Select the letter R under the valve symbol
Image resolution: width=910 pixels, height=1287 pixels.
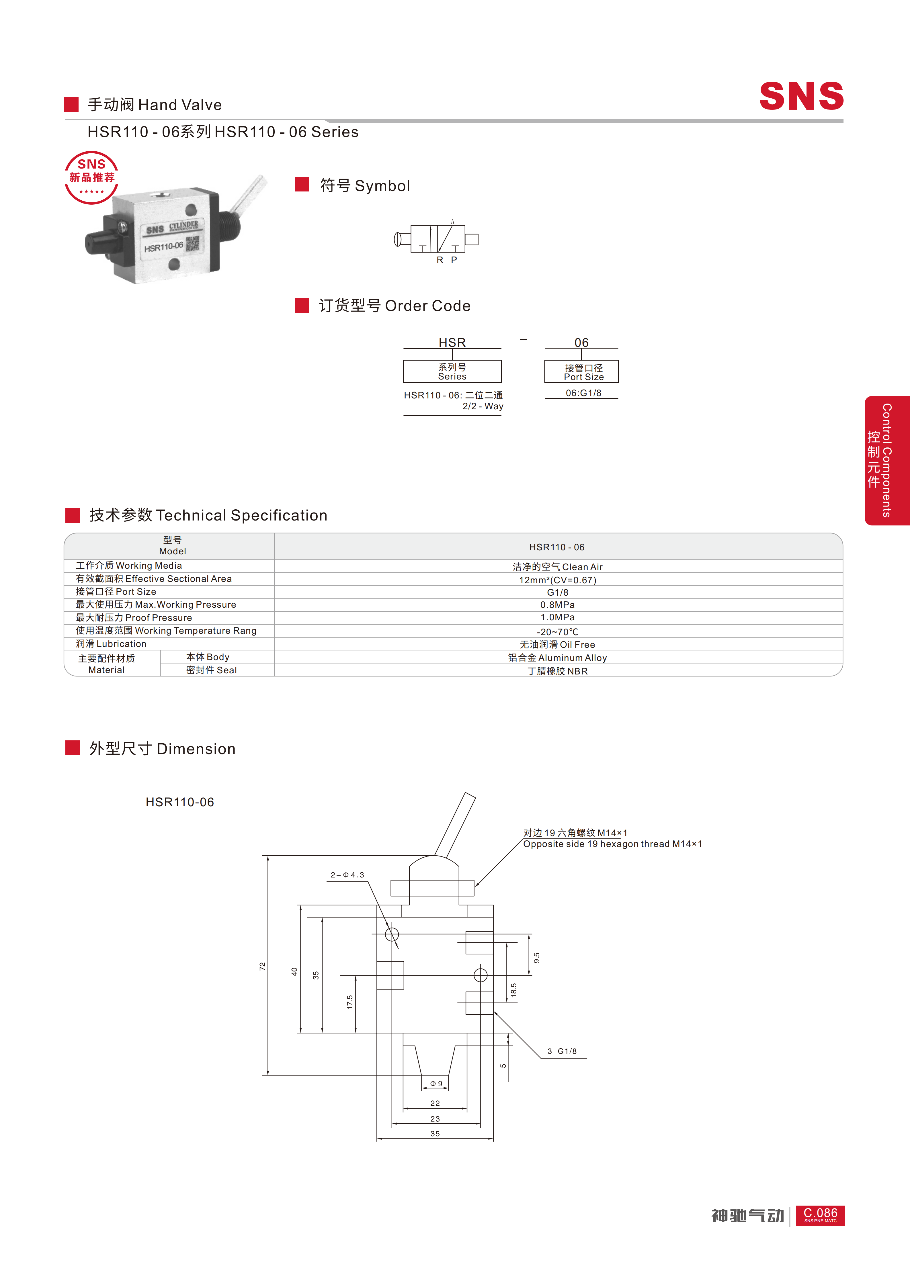[x=440, y=260]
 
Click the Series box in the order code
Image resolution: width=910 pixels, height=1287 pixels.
[x=452, y=371]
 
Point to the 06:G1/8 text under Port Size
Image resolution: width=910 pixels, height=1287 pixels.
[x=584, y=393]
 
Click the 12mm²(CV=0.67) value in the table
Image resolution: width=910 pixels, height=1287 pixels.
[x=558, y=580]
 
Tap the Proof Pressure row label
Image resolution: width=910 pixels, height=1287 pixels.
[x=134, y=618]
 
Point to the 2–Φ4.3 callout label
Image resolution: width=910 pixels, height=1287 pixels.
[x=347, y=875]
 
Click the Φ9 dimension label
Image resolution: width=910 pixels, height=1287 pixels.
[x=436, y=1083]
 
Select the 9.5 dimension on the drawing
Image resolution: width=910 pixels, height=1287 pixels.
[x=537, y=958]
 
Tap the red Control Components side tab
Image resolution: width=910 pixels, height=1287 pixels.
[x=887, y=461]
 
